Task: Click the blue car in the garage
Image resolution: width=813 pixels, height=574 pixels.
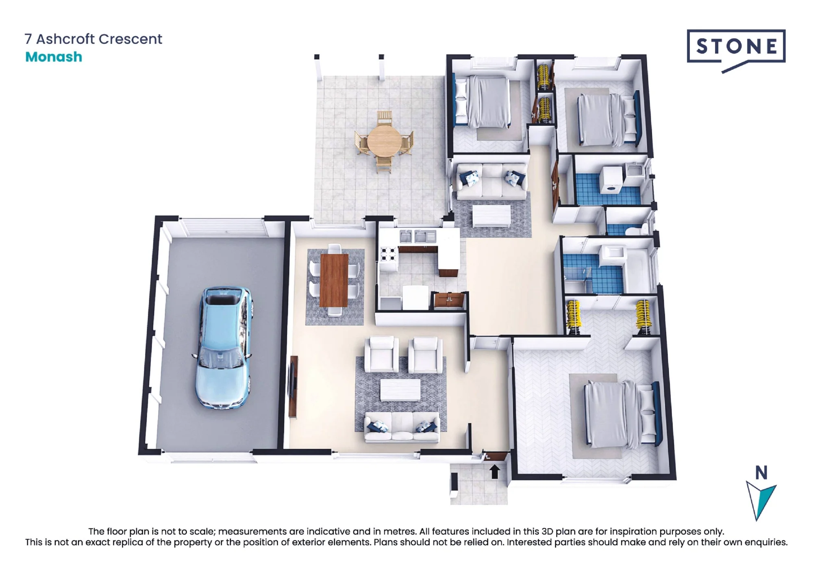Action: coord(224,347)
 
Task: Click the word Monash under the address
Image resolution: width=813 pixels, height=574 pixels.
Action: coord(54,57)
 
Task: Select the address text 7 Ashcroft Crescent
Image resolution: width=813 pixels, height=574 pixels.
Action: coord(93,39)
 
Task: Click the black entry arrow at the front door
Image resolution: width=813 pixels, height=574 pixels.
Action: coord(494,472)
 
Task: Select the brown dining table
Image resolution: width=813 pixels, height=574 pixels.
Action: coord(334,280)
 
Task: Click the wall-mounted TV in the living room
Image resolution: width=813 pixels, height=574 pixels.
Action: coord(293,386)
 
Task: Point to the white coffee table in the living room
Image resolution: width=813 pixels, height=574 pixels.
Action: coord(400,390)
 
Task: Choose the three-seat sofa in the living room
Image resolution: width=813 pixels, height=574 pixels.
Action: coord(402,427)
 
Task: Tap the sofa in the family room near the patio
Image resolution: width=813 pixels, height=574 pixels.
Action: coord(492,181)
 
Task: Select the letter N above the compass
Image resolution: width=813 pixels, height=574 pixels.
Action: coord(761,473)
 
